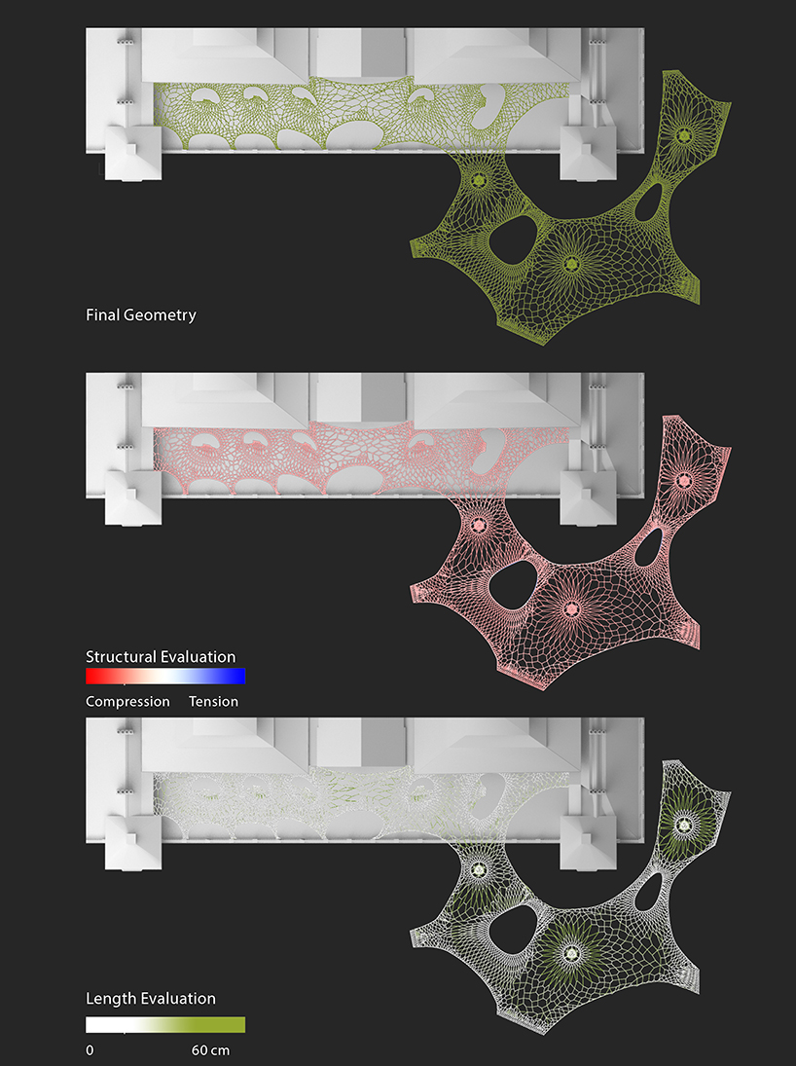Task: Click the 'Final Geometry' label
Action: click(x=141, y=315)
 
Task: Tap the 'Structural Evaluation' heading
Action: click(x=161, y=657)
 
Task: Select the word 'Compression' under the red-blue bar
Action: click(x=127, y=702)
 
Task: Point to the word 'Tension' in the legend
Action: click(x=213, y=702)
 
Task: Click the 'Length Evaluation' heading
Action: click(x=150, y=999)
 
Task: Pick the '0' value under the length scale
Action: click(x=90, y=1050)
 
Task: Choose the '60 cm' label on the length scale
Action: click(x=210, y=1050)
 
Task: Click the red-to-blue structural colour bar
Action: click(x=165, y=676)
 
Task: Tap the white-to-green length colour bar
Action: click(x=165, y=1024)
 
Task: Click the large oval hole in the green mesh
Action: click(x=515, y=240)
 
